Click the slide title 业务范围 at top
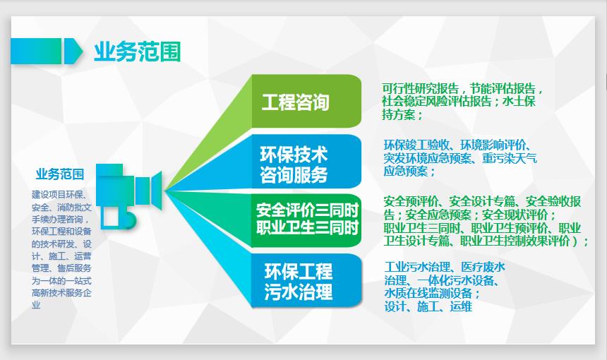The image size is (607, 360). (x=137, y=52)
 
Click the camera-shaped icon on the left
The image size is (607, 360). (x=127, y=194)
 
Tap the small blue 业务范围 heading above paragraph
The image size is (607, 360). (x=60, y=174)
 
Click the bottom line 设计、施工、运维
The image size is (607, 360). (x=428, y=306)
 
